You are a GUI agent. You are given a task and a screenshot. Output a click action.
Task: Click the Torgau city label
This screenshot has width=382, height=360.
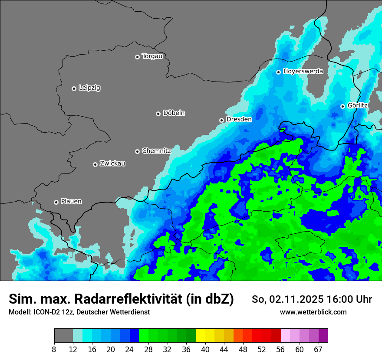152,56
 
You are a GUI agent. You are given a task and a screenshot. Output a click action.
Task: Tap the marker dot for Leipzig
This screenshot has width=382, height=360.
74,88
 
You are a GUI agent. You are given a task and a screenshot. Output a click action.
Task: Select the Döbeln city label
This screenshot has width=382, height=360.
174,113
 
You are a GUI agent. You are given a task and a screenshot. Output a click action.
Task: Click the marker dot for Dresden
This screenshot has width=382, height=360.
221,120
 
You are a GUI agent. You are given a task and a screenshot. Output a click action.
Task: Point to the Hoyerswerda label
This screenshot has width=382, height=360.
303,72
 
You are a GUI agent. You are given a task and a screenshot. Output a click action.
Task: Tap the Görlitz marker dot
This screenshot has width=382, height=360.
342,106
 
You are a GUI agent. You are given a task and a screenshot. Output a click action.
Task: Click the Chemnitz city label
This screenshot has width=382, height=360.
156,151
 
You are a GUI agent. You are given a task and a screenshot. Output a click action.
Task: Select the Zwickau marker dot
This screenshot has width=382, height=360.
95,164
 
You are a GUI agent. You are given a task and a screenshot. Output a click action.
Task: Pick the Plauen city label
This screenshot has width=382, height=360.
71,202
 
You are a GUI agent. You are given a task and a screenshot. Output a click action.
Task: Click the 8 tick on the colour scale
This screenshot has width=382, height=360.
54,349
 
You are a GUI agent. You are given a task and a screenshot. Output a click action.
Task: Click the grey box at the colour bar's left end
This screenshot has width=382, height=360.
63,336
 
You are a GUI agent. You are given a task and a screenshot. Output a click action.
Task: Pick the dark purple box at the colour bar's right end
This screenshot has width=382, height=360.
323,336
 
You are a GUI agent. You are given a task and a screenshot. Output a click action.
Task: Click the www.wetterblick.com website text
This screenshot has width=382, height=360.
313,312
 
